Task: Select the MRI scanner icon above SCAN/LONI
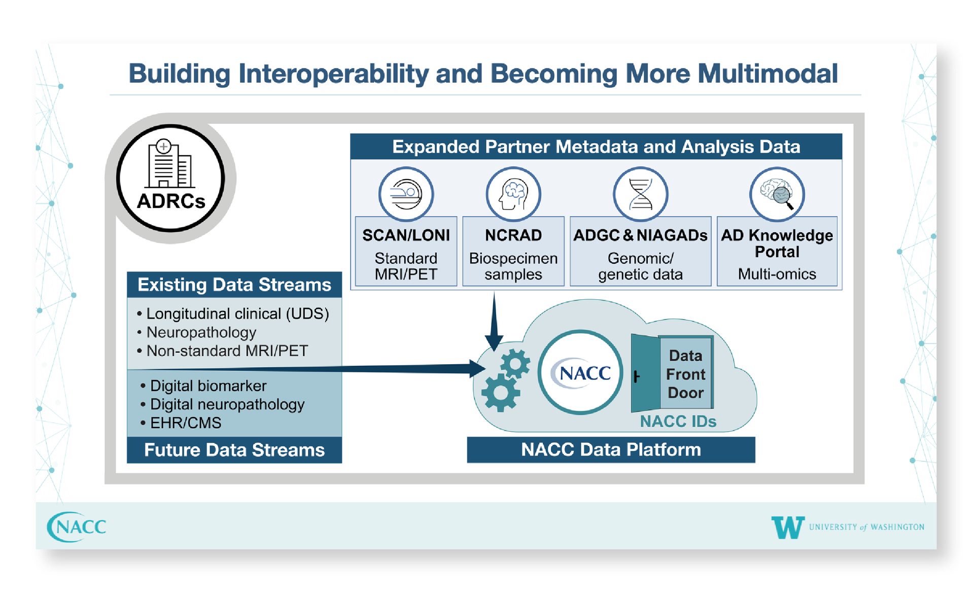coord(406,194)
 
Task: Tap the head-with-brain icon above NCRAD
coord(513,194)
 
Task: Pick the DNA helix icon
coord(640,194)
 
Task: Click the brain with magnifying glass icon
coord(777,194)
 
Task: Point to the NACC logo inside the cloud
coord(580,373)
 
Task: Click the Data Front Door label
coord(685,374)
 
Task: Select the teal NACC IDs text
coord(678,421)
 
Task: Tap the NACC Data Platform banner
coord(611,449)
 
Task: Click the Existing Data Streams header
coord(234,285)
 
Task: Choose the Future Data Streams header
coord(234,450)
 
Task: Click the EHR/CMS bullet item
coord(181,423)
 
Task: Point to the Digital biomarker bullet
coord(203,386)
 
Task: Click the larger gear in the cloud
coord(501,392)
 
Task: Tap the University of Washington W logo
coord(787,527)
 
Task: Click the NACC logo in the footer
coord(77,527)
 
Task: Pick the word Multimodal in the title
coord(768,73)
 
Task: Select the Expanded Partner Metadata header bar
coord(596,147)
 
